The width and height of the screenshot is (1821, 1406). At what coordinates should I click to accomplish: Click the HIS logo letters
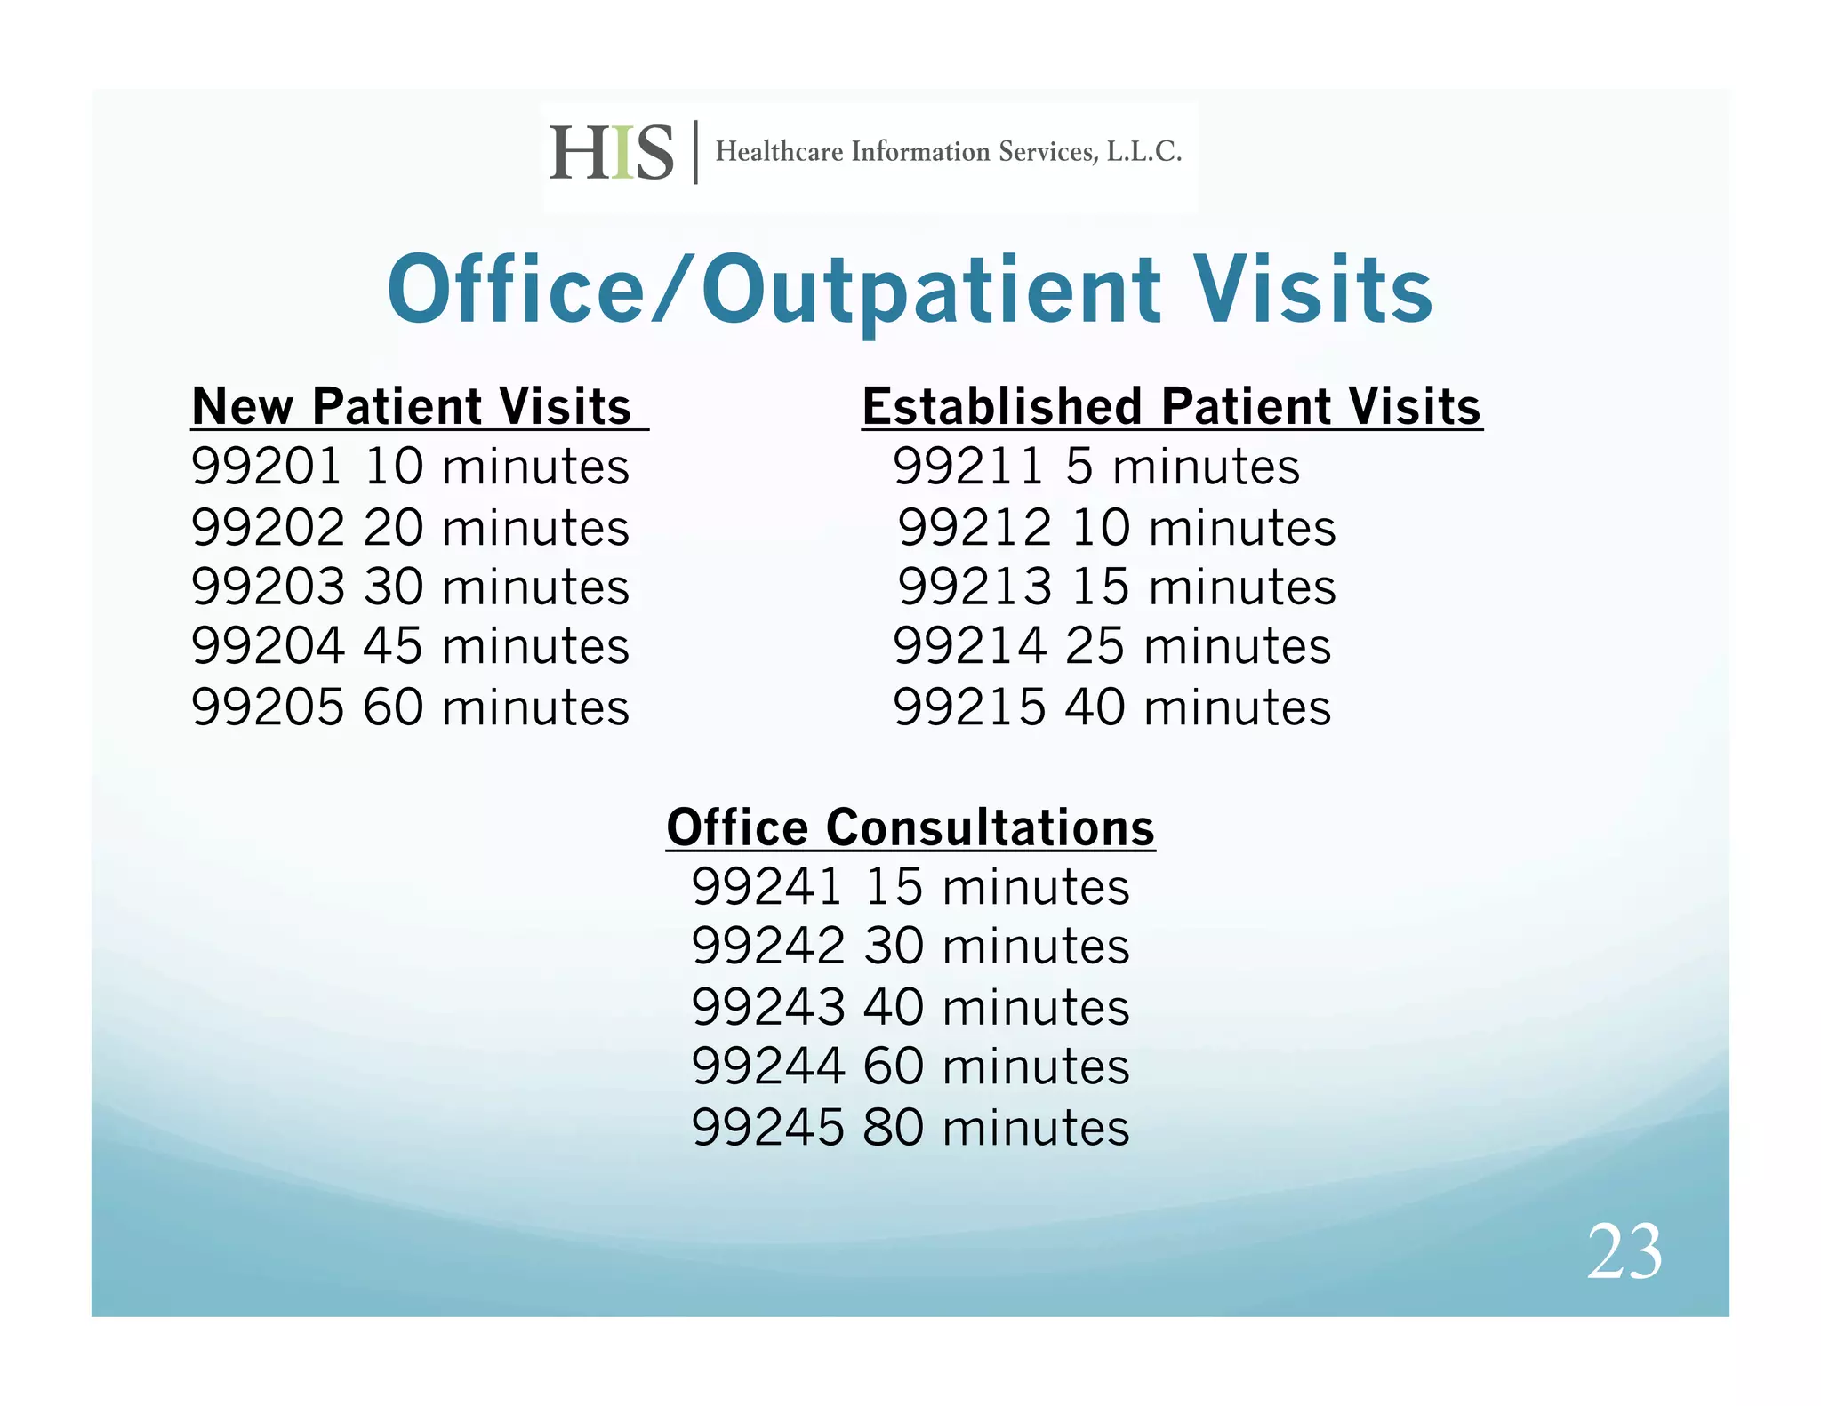tap(612, 153)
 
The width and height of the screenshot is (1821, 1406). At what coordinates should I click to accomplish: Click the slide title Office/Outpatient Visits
tap(910, 290)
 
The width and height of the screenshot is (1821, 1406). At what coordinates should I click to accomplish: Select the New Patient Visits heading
tap(412, 407)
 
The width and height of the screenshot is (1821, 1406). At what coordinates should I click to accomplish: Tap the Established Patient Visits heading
tap(1171, 407)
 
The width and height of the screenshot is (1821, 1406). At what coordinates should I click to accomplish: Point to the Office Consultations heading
tap(910, 827)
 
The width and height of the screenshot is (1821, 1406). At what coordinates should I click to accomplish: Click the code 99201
tap(267, 467)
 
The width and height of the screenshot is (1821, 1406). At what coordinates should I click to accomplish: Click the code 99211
tap(968, 467)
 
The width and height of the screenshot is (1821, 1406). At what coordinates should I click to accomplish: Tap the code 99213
tap(975, 587)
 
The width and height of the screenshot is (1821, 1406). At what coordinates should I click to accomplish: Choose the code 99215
tap(969, 707)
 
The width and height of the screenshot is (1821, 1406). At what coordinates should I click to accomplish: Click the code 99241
tap(767, 887)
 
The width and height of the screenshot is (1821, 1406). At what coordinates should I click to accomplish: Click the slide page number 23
tap(1624, 1251)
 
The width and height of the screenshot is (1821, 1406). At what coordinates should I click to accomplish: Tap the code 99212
tap(975, 528)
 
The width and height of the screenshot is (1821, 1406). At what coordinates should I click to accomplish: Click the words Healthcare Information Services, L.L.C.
tap(949, 152)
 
